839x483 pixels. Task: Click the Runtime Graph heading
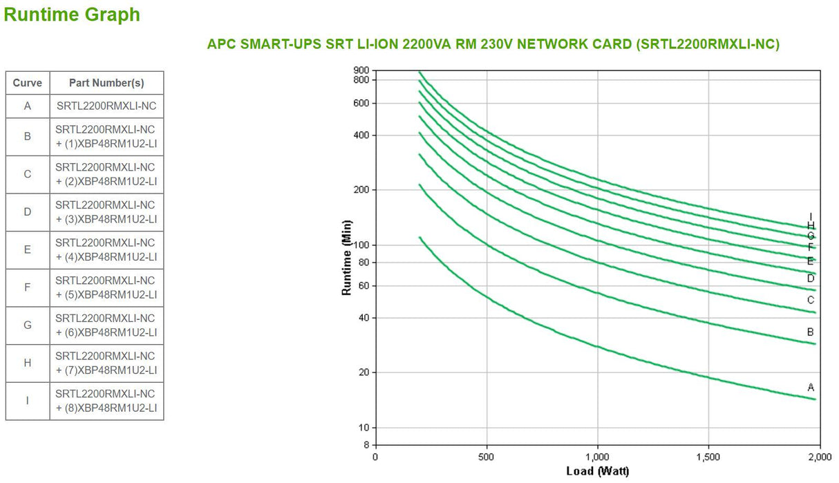tap(73, 15)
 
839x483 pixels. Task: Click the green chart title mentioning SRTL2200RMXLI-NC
tap(493, 44)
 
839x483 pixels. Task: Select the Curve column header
tap(28, 83)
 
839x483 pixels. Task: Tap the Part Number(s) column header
tap(106, 83)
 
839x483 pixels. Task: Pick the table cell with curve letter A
tap(28, 106)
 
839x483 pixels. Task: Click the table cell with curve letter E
tap(28, 249)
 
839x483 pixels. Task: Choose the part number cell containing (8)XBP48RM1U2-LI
tap(106, 401)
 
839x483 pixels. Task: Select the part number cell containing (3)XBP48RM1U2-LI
tap(106, 212)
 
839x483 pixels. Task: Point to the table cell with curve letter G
tap(28, 325)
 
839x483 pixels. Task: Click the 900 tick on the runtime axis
tap(361, 70)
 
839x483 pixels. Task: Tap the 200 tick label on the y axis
tap(361, 190)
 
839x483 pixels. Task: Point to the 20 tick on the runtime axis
tap(364, 372)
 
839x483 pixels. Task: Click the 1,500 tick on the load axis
tap(708, 457)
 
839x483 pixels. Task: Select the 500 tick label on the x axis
tap(487, 457)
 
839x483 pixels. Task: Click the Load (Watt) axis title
tap(597, 471)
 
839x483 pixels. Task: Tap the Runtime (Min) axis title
tap(347, 257)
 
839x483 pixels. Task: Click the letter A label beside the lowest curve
tap(811, 386)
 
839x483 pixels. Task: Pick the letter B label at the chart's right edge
tap(811, 332)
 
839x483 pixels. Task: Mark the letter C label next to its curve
tap(811, 300)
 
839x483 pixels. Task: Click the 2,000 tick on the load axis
tap(819, 457)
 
